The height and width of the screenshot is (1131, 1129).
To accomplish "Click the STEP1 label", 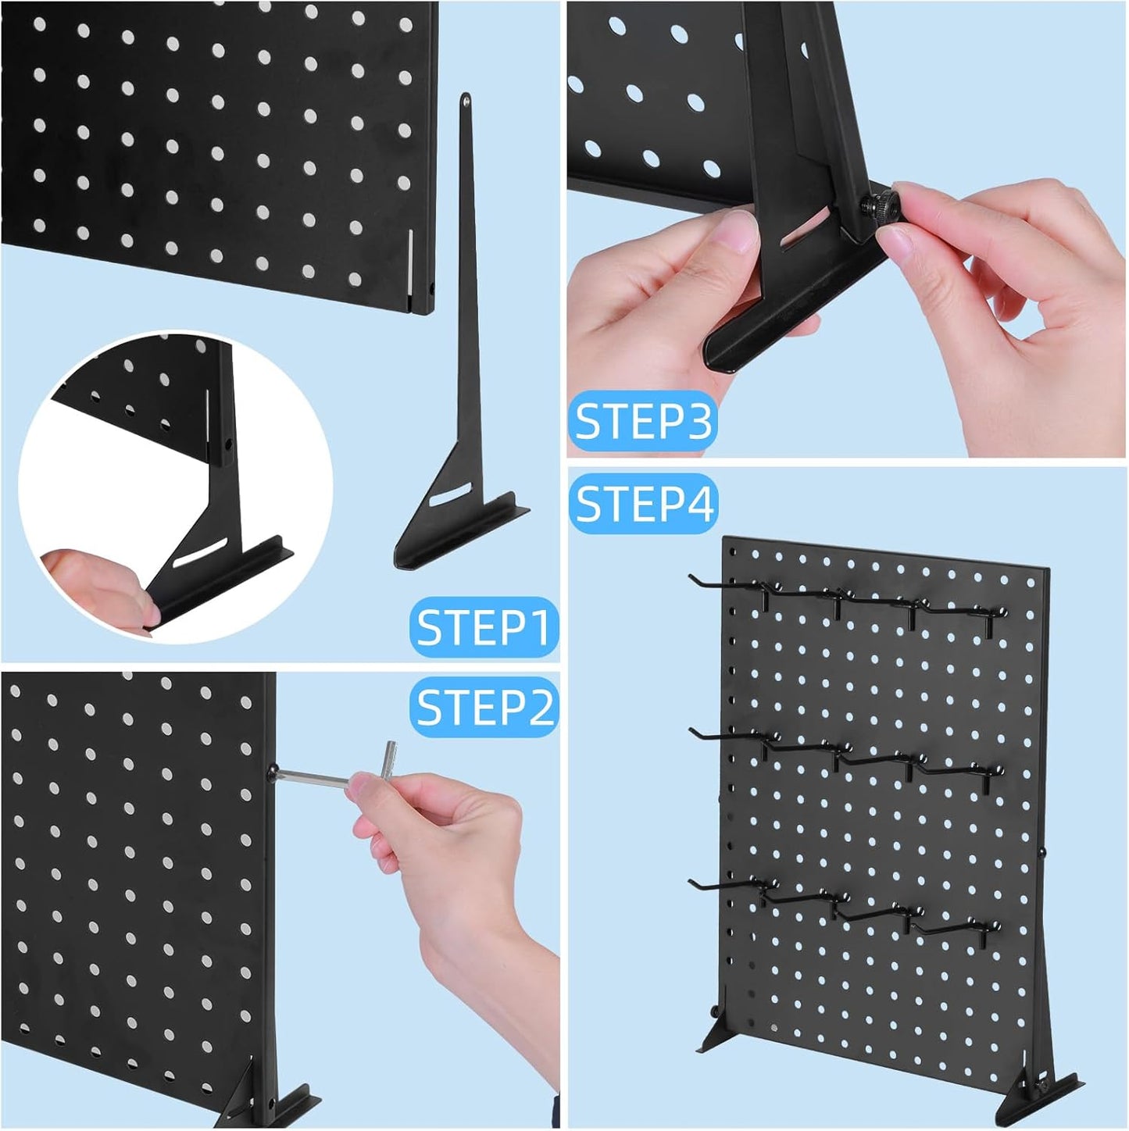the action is tap(483, 626).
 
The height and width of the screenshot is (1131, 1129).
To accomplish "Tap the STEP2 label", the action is tap(484, 706).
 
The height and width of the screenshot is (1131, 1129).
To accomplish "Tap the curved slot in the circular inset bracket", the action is tap(200, 552).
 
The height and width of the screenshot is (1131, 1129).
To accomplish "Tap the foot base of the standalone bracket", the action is tap(462, 535).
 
